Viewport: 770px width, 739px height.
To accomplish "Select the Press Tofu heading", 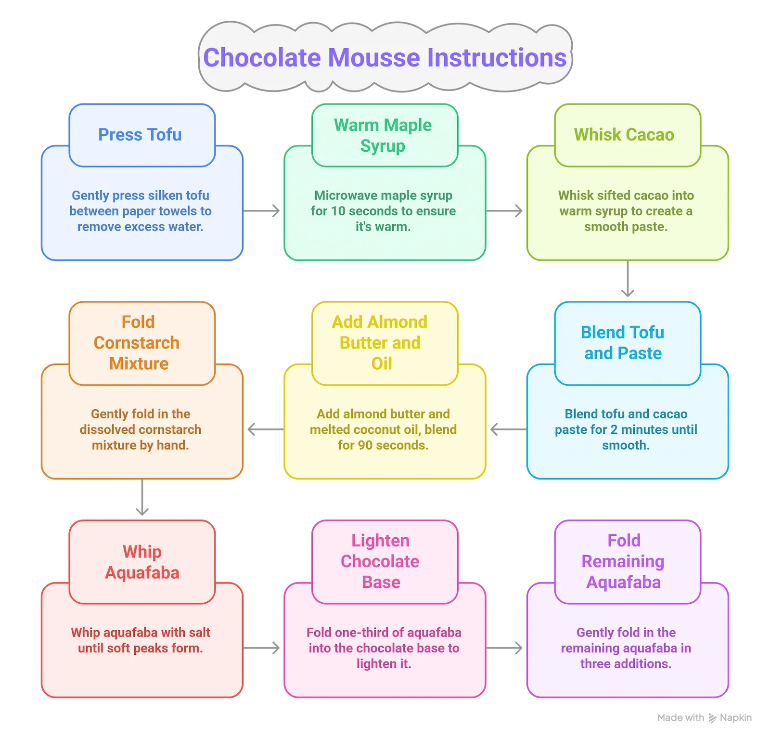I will click(x=140, y=135).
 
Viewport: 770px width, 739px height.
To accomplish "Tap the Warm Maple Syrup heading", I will click(x=383, y=135).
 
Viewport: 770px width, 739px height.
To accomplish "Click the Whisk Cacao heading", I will click(x=624, y=135).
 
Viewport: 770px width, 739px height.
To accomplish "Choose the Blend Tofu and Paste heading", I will click(x=623, y=343).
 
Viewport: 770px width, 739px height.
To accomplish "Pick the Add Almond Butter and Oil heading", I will click(x=380, y=343).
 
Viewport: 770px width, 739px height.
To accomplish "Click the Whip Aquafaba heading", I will click(x=142, y=562).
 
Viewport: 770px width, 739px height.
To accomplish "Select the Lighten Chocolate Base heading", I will click(x=380, y=561).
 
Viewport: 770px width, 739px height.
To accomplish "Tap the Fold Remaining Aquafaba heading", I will click(x=623, y=561).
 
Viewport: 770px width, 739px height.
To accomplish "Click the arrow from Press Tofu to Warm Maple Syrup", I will click(x=263, y=210).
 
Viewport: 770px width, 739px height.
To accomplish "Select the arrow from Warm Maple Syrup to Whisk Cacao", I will click(x=506, y=210).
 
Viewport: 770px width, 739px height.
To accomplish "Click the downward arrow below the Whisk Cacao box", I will click(x=628, y=280).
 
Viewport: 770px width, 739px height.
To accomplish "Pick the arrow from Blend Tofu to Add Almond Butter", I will click(x=507, y=429).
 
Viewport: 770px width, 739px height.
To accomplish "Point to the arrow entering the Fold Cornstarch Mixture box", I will click(x=264, y=429).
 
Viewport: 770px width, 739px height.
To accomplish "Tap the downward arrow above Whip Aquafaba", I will click(x=142, y=498).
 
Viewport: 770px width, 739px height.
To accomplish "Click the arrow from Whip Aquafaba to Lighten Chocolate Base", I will click(x=263, y=648).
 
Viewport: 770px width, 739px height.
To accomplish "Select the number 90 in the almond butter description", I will click(x=365, y=445).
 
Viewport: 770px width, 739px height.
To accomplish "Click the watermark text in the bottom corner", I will click(x=705, y=718).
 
